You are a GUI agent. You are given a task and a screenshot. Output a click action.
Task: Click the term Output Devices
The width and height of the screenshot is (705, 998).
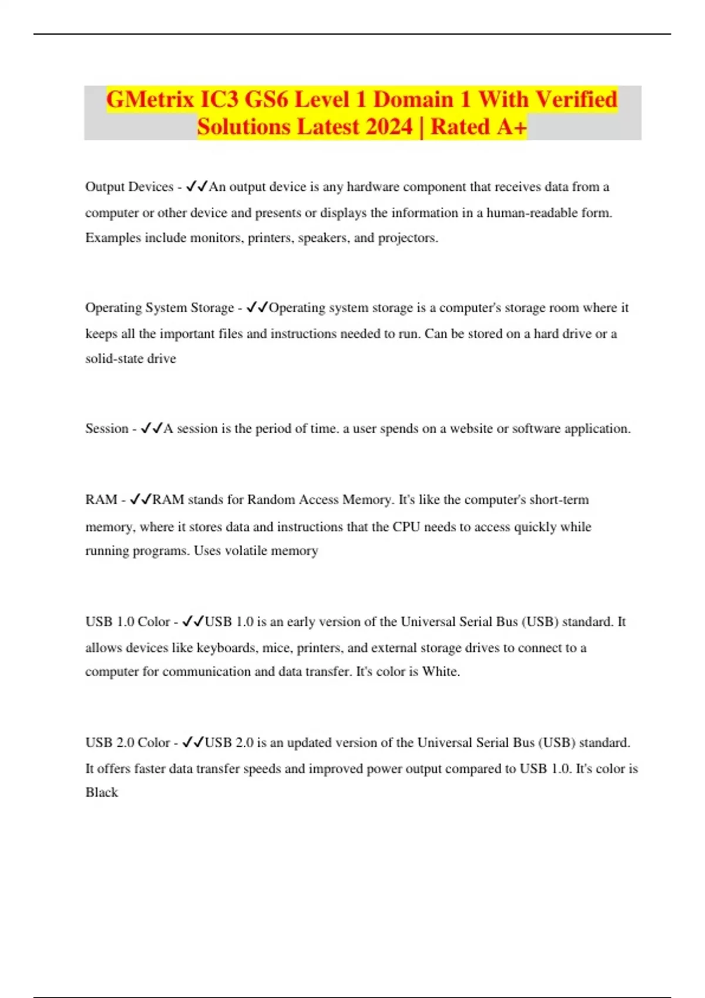(x=129, y=187)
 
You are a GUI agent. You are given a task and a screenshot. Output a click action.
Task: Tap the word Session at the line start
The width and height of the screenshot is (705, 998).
(x=106, y=429)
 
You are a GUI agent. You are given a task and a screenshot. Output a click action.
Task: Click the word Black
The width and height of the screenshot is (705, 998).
(x=102, y=792)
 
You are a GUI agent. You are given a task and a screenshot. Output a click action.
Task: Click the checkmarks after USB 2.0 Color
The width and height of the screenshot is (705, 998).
(x=193, y=743)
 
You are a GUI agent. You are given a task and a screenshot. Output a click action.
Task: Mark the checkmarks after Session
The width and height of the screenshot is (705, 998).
(x=152, y=429)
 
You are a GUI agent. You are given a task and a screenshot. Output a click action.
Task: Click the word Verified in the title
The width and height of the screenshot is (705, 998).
(x=577, y=99)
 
